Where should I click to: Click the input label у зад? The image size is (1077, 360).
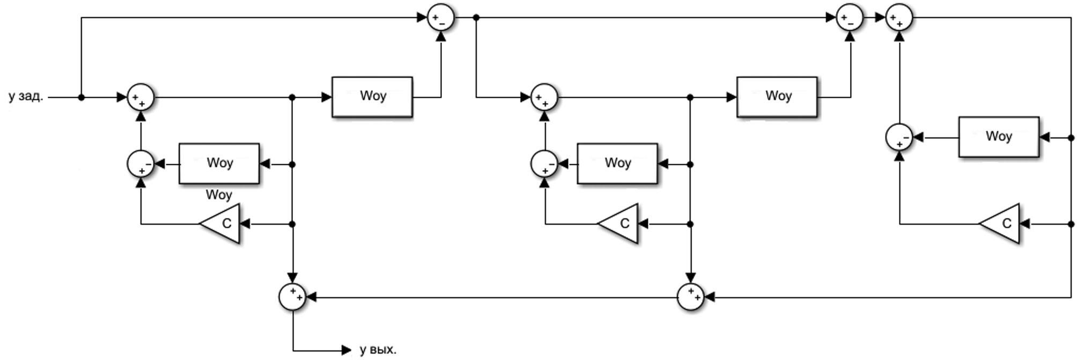coord(26,97)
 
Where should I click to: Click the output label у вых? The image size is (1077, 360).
coord(378,350)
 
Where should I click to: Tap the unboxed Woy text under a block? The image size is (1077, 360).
coord(219,194)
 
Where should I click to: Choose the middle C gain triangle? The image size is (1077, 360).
coord(620,224)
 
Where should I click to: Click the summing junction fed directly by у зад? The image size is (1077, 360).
coord(141,98)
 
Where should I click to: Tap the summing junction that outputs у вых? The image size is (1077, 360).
coord(293,297)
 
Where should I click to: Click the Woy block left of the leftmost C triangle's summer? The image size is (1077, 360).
coord(219,163)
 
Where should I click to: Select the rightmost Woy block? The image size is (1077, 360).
coord(999,137)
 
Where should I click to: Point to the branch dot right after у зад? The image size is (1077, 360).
coord(82,98)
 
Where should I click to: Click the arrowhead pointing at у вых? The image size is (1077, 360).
coord(346,351)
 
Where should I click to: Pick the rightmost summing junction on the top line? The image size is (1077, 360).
coord(899,18)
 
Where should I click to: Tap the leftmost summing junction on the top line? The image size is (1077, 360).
coord(441,18)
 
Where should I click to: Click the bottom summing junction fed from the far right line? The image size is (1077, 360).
coord(690,297)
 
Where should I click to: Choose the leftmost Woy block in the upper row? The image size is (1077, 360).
coord(372,97)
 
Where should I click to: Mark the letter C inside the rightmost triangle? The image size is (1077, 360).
coord(1007,224)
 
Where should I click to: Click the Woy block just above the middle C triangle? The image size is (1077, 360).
coord(617,163)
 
